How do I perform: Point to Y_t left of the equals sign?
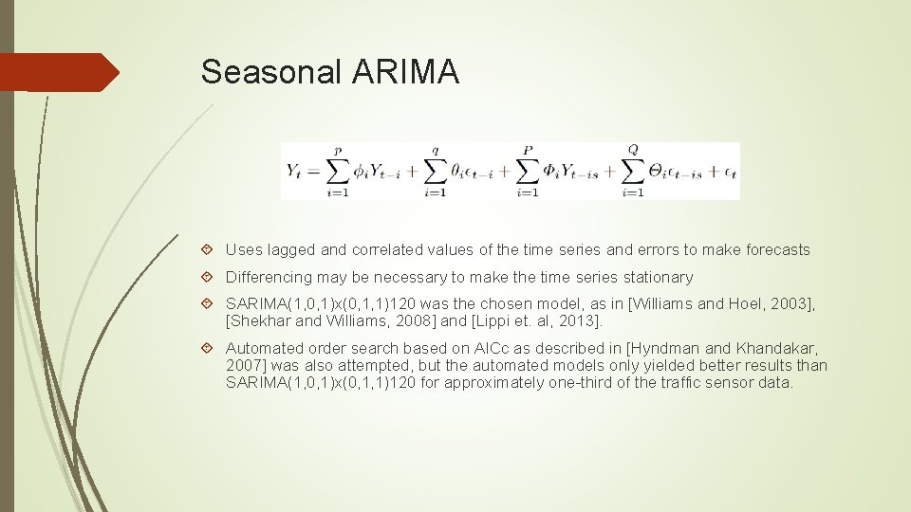pyautogui.click(x=296, y=171)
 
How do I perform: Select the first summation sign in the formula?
pyautogui.click(x=337, y=170)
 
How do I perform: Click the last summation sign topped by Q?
pyautogui.click(x=633, y=170)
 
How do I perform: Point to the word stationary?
pyautogui.click(x=659, y=278)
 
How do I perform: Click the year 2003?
pyautogui.click(x=792, y=303)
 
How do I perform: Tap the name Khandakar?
pyautogui.click(x=771, y=348)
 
